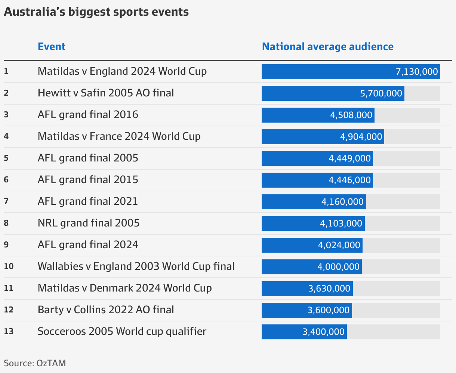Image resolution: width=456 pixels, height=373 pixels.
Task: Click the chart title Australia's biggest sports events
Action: tap(96, 12)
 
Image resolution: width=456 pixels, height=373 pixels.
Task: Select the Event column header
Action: tap(52, 47)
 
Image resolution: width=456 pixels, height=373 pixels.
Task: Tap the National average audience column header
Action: tap(327, 47)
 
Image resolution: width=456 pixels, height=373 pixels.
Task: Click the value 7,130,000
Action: tap(416, 72)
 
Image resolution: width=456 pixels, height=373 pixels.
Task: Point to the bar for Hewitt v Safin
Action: tap(333, 93)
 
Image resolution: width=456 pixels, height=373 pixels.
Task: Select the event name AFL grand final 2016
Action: tap(88, 114)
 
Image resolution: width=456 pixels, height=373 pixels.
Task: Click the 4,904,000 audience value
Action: tap(361, 137)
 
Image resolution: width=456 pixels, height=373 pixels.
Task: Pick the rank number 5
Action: tap(6, 158)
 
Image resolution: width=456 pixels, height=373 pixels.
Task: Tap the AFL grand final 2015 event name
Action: tap(88, 180)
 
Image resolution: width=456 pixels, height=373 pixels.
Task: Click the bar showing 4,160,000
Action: tap(314, 202)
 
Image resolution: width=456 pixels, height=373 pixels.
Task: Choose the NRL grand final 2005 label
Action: tap(89, 223)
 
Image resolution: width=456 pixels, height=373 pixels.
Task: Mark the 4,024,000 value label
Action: tap(339, 245)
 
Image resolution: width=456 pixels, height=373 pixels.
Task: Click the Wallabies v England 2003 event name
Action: tap(136, 266)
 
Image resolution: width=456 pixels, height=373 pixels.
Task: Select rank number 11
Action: tap(8, 288)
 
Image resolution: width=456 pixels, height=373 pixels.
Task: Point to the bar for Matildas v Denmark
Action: tap(307, 289)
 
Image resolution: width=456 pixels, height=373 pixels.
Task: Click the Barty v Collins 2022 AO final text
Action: tap(106, 310)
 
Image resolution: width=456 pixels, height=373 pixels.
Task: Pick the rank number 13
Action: tap(8, 332)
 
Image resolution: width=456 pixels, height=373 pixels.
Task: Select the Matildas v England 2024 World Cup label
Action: tap(122, 71)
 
